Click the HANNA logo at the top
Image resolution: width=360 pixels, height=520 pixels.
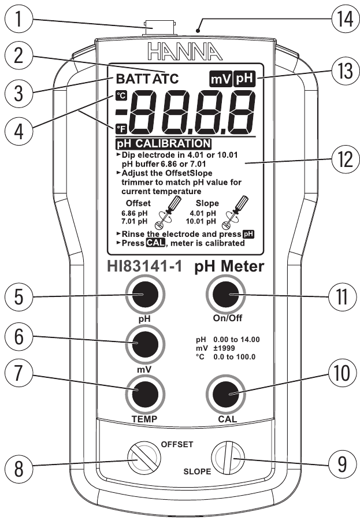[184, 52]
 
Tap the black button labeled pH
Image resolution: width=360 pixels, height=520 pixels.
[145, 295]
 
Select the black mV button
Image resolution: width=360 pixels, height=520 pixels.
[145, 344]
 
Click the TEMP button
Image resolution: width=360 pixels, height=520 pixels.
[145, 394]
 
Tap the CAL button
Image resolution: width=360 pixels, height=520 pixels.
[225, 394]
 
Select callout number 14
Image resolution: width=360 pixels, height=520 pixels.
[343, 19]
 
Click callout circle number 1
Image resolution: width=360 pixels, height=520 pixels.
[18, 19]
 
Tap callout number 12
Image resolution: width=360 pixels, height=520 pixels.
[343, 161]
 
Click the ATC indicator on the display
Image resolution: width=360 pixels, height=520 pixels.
[165, 79]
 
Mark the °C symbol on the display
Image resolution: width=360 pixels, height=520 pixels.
[121, 95]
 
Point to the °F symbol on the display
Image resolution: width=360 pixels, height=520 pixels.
[121, 128]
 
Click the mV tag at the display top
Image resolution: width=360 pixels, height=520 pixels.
[221, 79]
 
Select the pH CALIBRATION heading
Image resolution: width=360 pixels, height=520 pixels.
[164, 144]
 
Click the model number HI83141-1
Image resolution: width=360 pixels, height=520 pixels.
[144, 266]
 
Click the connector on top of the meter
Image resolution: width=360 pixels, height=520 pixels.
[159, 29]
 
